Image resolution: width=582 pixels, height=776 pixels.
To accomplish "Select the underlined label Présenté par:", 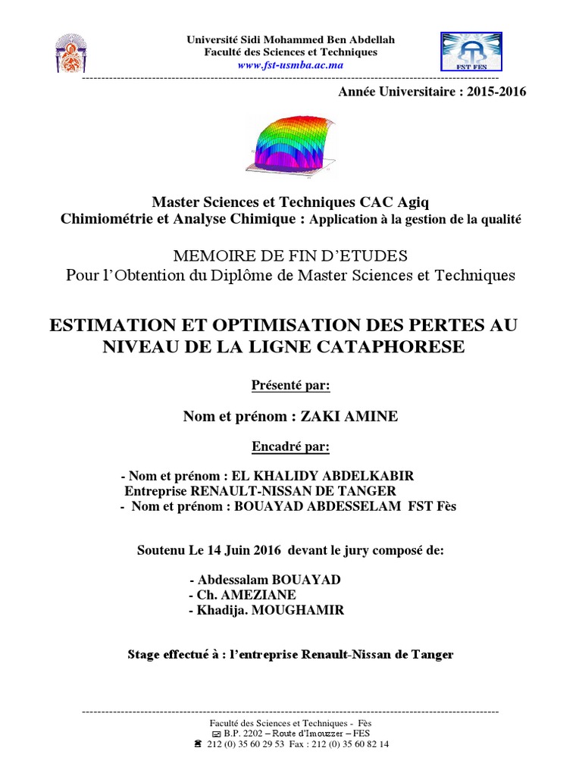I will (290, 386).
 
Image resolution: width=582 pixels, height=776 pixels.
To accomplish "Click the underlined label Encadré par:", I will (290, 446).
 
